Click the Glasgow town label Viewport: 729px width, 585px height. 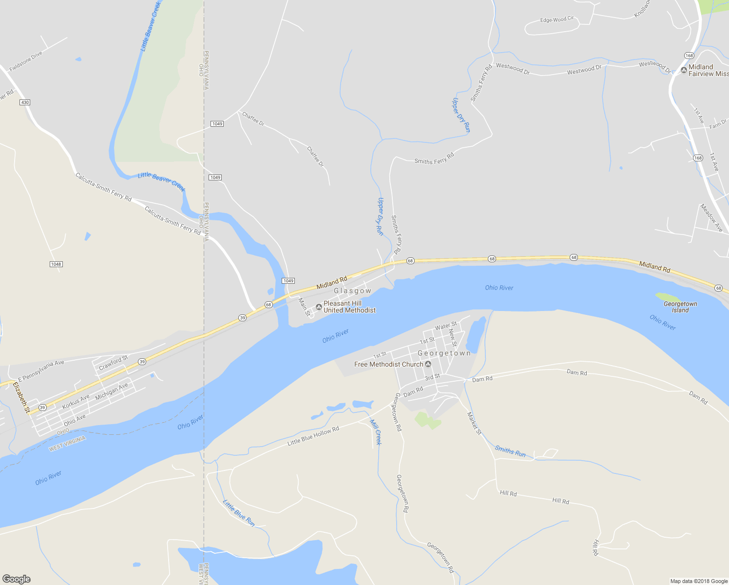pyautogui.click(x=352, y=291)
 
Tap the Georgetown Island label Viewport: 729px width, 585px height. pyautogui.click(x=680, y=307)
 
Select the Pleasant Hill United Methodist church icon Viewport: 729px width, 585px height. pyautogui.click(x=319, y=307)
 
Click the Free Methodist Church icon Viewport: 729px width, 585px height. pyautogui.click(x=428, y=364)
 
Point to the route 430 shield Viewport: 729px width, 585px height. pyautogui.click(x=25, y=102)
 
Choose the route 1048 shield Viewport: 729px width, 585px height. pyautogui.click(x=56, y=264)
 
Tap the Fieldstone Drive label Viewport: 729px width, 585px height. pyautogui.click(x=26, y=61)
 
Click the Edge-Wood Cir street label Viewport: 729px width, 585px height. pyautogui.click(x=557, y=20)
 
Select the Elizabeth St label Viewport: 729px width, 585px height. pyautogui.click(x=21, y=397)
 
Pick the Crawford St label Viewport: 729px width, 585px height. pyautogui.click(x=113, y=363)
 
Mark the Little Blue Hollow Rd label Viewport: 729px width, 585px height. pyautogui.click(x=313, y=436)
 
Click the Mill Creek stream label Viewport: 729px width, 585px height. pyautogui.click(x=375, y=432)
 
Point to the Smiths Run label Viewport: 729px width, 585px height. pyautogui.click(x=510, y=451)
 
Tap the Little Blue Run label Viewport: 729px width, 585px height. pyautogui.click(x=239, y=513)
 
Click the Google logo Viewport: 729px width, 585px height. pyautogui.click(x=16, y=579)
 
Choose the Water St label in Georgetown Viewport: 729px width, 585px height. pyautogui.click(x=445, y=326)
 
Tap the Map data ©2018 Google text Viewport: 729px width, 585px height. pyautogui.click(x=699, y=581)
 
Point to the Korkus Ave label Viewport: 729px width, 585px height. pyautogui.click(x=76, y=402)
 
